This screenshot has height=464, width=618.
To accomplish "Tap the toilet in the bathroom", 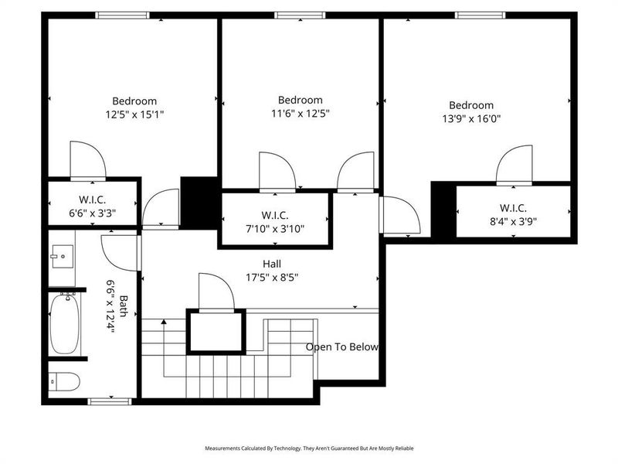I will [66, 380].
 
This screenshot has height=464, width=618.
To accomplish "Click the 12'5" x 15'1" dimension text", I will [134, 114].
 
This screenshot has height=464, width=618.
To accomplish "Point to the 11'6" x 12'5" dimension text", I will [300, 113].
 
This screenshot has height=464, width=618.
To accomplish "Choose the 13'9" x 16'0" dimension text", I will [471, 118].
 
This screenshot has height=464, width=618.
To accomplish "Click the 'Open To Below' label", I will [342, 347].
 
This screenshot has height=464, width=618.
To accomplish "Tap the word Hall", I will [271, 264].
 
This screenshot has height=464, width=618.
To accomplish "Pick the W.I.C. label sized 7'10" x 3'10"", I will [275, 214].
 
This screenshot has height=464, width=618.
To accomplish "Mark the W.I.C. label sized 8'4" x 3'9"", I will [513, 208].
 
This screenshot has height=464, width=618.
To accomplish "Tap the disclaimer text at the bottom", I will [309, 448].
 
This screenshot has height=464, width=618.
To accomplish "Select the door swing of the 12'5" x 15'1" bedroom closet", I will [87, 160].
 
